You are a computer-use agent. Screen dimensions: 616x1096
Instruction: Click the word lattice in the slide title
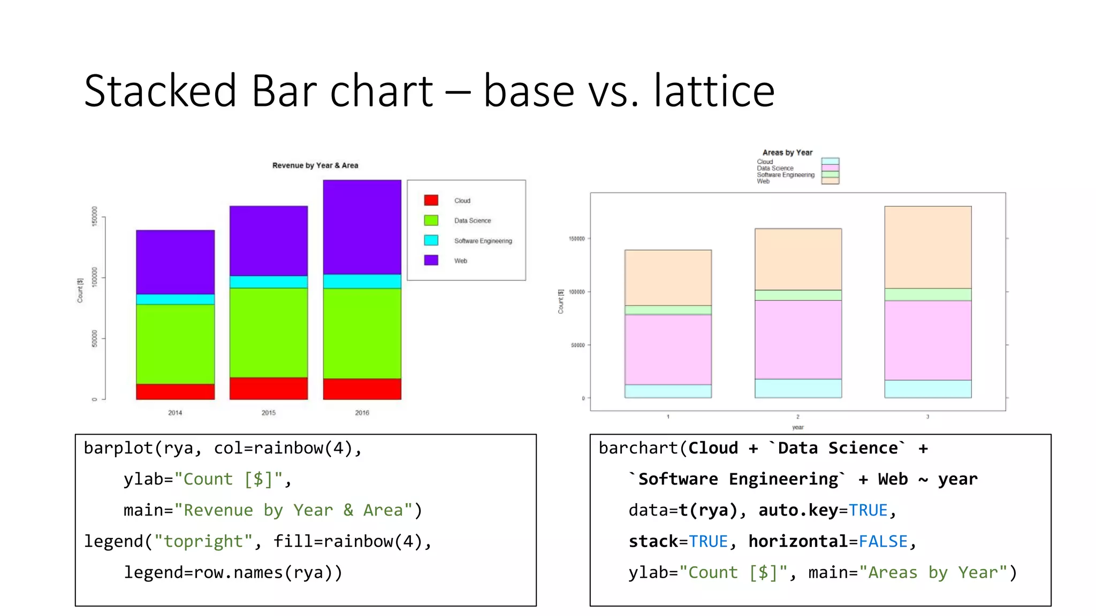tap(714, 91)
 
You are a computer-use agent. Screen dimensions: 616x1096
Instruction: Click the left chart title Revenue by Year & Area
tap(315, 166)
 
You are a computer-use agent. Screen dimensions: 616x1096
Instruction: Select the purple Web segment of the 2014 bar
tap(175, 262)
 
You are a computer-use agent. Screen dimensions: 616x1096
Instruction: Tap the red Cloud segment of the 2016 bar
tap(362, 389)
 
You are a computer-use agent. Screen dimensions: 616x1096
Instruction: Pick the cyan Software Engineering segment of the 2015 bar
tap(268, 282)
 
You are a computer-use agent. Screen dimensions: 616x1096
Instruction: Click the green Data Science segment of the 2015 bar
tap(268, 332)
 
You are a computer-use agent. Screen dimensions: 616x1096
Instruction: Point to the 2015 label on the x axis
tap(268, 413)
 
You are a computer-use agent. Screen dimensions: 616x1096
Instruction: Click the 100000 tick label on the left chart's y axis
tap(95, 277)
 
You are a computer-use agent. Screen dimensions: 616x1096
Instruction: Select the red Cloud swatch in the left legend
tap(431, 201)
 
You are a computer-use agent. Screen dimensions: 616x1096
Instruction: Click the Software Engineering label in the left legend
tap(483, 241)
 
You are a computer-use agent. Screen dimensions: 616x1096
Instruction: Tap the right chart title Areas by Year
tap(787, 153)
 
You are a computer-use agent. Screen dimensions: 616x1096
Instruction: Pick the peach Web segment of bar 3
tap(927, 247)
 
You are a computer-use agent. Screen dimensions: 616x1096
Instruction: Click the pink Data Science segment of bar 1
tap(668, 349)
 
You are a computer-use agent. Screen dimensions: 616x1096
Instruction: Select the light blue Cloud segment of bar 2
tap(798, 388)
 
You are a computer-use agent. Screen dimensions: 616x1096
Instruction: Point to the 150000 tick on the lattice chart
tap(576, 238)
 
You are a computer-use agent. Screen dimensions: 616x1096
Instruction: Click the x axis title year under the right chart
tap(797, 427)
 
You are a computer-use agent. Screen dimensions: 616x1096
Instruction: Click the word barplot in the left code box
tap(118, 448)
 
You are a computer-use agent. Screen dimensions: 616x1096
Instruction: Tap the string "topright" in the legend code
tap(203, 542)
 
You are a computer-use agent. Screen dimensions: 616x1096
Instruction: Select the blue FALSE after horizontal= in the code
tap(883, 542)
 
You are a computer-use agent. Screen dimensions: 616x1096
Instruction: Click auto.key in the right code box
tap(798, 511)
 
